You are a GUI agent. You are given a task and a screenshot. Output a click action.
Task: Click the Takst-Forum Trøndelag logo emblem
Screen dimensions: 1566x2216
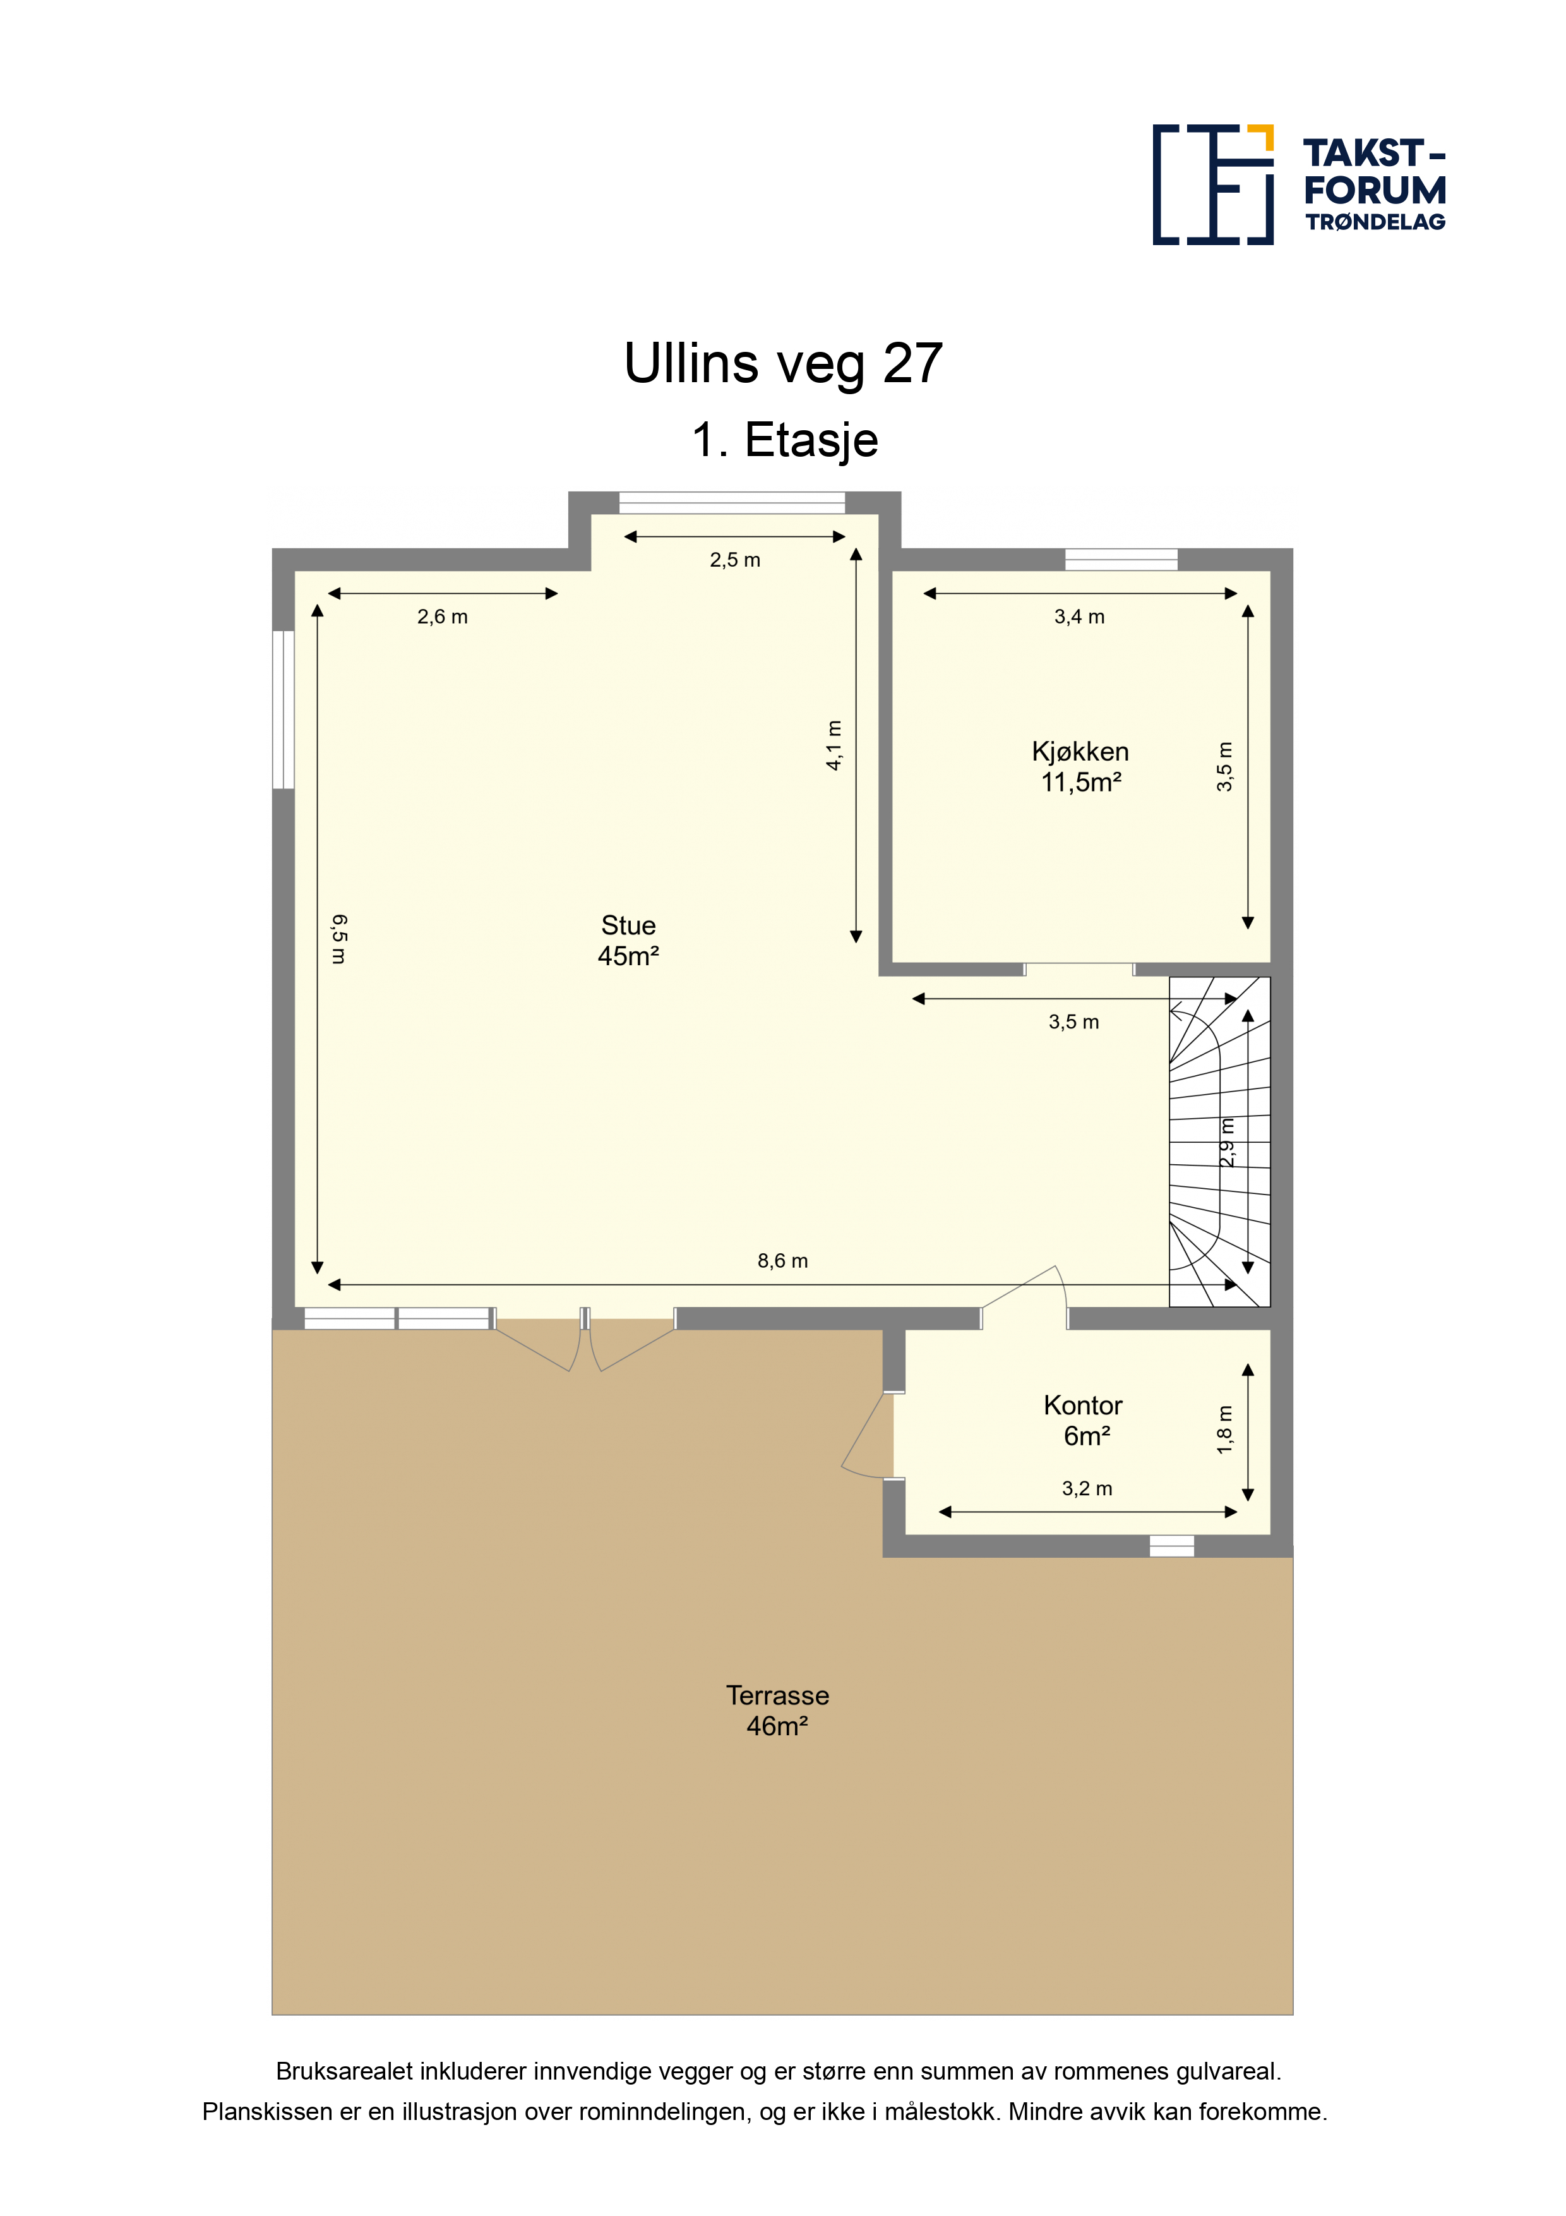pyautogui.click(x=1213, y=184)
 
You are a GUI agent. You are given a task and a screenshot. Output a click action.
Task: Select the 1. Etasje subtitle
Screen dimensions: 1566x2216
pyautogui.click(x=784, y=440)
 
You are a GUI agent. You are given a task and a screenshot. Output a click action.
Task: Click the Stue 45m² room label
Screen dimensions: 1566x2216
pyautogui.click(x=628, y=940)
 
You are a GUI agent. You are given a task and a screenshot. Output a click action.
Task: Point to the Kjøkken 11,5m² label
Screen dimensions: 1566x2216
pyautogui.click(x=1080, y=766)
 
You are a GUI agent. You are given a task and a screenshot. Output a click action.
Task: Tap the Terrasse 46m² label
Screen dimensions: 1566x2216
pyautogui.click(x=778, y=1710)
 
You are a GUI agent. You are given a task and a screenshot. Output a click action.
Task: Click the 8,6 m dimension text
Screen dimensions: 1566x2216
pyautogui.click(x=782, y=1260)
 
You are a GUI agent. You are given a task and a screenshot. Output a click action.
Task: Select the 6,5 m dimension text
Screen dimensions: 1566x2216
pyautogui.click(x=338, y=939)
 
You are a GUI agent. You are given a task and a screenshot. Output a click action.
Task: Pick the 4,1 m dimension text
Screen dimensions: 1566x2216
pyautogui.click(x=835, y=745)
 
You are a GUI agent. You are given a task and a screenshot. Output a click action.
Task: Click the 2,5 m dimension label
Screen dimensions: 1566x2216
pyautogui.click(x=735, y=560)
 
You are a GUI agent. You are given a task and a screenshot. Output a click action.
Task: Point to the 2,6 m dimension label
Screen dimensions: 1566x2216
pyautogui.click(x=443, y=617)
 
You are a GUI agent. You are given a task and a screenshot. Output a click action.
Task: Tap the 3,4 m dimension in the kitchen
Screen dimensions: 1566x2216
pyautogui.click(x=1080, y=617)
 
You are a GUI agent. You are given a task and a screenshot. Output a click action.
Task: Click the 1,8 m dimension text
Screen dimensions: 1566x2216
pyautogui.click(x=1224, y=1430)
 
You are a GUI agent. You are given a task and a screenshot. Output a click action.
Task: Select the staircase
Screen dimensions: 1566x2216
pyautogui.click(x=1219, y=1141)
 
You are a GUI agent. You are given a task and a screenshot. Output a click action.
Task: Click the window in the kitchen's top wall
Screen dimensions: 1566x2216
pyautogui.click(x=1121, y=560)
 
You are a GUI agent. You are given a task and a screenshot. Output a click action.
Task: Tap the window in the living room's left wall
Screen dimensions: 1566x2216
pyautogui.click(x=283, y=709)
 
